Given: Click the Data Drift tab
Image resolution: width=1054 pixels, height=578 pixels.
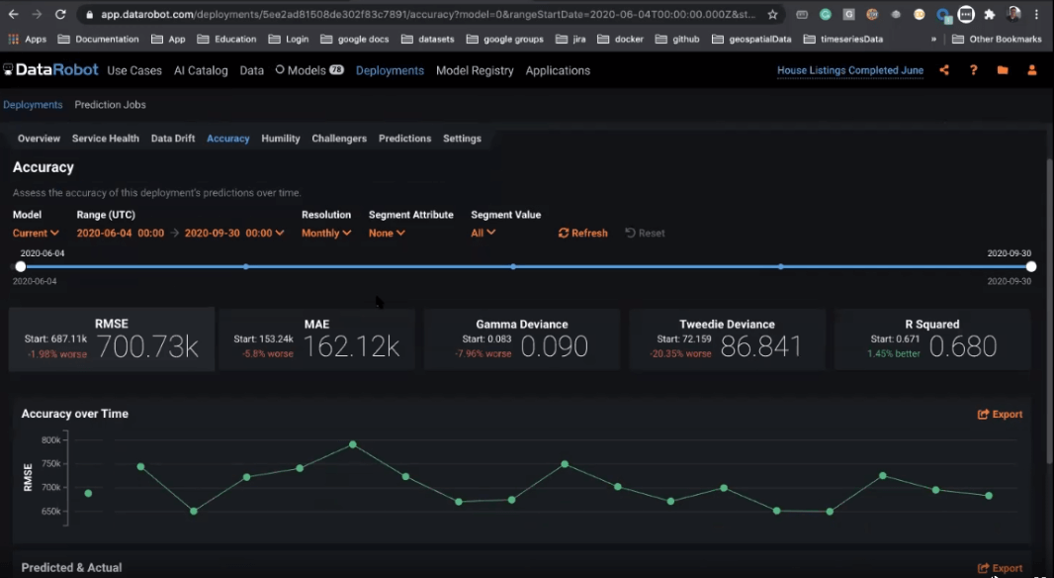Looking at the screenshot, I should click(x=173, y=139).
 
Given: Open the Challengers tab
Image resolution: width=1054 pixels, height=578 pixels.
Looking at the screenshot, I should click(x=339, y=139).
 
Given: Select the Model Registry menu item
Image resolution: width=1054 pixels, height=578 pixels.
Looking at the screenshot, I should click(x=475, y=70).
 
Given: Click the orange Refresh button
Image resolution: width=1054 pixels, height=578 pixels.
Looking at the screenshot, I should click(x=583, y=233).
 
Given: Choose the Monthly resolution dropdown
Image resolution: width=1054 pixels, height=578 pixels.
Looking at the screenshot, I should click(x=326, y=233).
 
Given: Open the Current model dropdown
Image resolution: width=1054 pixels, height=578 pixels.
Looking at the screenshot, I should click(x=36, y=233).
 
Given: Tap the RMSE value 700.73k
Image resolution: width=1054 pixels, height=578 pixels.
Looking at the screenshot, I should click(x=149, y=346).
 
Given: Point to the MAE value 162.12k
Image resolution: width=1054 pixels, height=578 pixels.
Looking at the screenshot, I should click(x=351, y=346).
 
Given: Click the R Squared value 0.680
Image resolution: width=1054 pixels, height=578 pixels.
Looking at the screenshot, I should click(x=963, y=346).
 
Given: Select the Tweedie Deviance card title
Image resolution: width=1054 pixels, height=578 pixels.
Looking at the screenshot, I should click(x=727, y=324).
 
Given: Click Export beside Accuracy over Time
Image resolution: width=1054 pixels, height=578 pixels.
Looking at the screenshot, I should click(x=1001, y=414).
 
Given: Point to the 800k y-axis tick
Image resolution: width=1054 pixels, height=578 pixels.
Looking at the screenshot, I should click(x=51, y=439).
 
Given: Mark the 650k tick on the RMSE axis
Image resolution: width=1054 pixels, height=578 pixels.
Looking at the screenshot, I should click(x=51, y=512).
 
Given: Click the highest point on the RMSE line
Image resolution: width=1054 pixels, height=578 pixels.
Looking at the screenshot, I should click(x=352, y=444).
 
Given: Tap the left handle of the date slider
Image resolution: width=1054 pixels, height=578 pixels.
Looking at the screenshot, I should click(x=21, y=266).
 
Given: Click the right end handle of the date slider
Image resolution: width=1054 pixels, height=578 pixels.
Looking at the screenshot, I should click(x=1031, y=266).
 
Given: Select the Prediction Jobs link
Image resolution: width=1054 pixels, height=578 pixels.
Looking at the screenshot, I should click(x=111, y=105).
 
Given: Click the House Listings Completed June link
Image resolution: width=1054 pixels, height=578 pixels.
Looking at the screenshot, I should click(x=850, y=70).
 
